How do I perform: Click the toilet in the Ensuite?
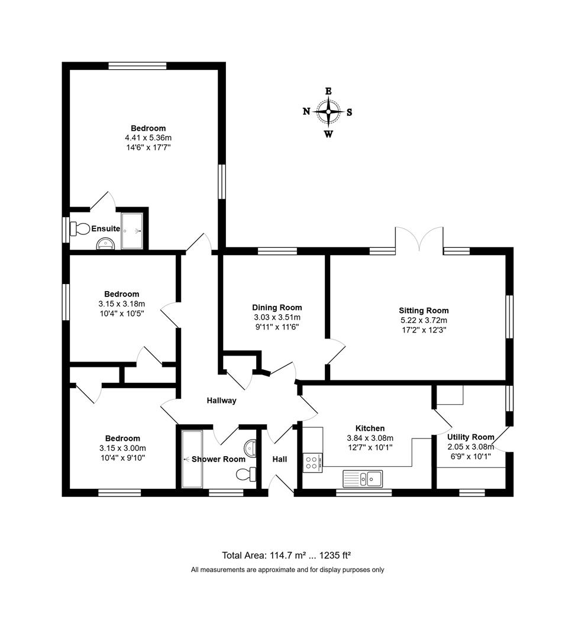point(79,228)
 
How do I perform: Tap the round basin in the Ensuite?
point(105,244)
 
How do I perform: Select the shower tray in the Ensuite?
point(132,231)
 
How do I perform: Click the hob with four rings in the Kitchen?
point(312,463)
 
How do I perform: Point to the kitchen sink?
point(363,479)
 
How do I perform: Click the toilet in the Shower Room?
point(246,474)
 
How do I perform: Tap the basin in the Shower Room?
point(250,448)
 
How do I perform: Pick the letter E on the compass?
point(328,91)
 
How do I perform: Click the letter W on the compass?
point(328,134)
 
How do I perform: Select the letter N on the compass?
point(306,111)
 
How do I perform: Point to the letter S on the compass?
point(349,112)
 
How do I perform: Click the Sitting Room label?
point(424,311)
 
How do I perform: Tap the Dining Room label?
point(277,308)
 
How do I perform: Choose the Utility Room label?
point(471,437)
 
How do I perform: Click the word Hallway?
point(222,401)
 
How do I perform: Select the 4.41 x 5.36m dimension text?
point(148,138)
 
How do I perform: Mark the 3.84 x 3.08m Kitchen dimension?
point(370,438)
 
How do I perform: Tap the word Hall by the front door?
point(280,459)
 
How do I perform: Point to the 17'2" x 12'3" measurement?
point(424,330)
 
